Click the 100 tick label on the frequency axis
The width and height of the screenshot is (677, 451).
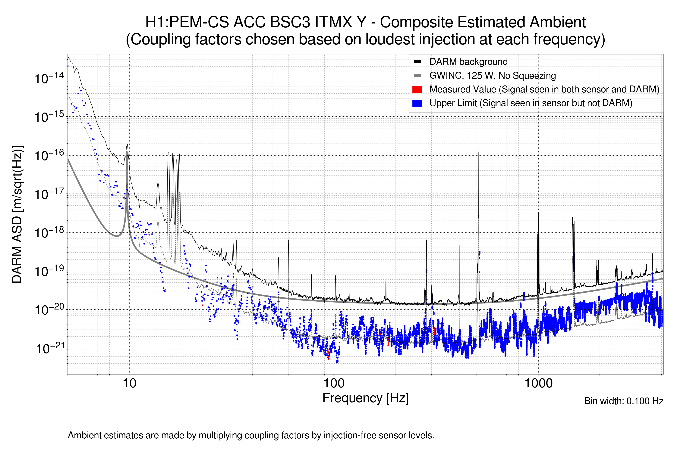(334, 383)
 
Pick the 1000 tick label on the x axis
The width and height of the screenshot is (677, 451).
(538, 383)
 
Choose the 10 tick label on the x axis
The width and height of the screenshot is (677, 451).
(129, 383)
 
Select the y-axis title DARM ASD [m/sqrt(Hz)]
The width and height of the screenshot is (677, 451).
(17, 214)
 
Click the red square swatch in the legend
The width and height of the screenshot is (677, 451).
(417, 89)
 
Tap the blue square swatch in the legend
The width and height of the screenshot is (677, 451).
(417, 103)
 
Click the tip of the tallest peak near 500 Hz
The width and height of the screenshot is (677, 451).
(478, 152)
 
